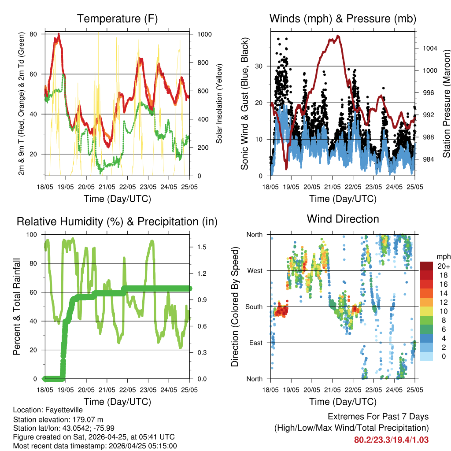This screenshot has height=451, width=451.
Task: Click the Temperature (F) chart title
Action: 117,18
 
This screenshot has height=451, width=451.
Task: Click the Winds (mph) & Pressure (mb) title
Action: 343,18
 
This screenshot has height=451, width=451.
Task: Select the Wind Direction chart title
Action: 343,219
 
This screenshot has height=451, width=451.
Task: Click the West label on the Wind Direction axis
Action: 255,271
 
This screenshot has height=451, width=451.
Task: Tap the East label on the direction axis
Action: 256,343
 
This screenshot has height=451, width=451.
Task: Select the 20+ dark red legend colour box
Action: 426,266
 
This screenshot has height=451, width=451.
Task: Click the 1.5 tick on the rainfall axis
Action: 202,248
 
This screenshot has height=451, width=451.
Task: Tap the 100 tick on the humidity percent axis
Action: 33,235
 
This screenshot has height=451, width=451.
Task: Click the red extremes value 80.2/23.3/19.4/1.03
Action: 391,440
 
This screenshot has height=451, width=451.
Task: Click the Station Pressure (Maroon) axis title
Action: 446,104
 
